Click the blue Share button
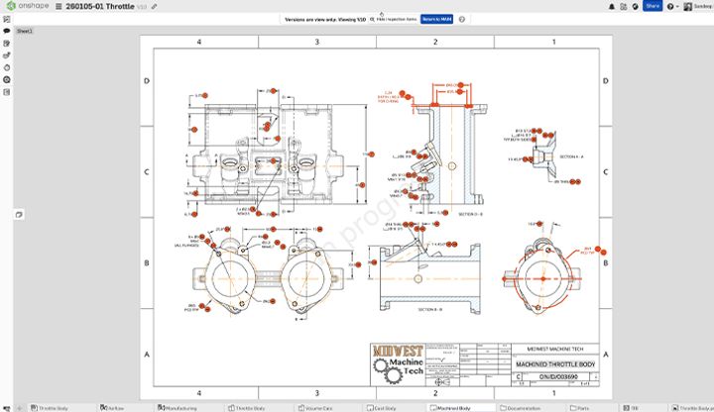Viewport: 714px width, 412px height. tap(653, 6)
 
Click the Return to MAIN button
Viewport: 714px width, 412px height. tap(436, 19)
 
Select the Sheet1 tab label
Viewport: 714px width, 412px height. tap(23, 32)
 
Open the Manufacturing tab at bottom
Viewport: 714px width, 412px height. tap(179, 407)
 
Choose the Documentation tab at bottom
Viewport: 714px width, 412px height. tap(524, 407)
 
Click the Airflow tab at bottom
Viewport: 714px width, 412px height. tap(114, 407)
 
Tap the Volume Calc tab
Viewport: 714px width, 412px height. tap(317, 407)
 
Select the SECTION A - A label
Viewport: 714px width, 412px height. tap(571, 156)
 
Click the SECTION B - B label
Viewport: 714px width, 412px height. tap(429, 310)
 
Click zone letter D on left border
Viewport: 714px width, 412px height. tap(147, 81)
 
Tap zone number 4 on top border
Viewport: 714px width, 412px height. tap(199, 43)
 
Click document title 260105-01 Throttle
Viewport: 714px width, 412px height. tap(99, 6)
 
